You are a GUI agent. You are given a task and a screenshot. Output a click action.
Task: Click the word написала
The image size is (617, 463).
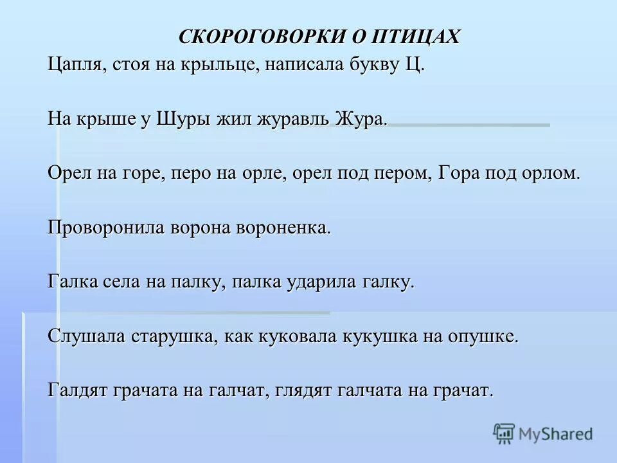click(x=300, y=66)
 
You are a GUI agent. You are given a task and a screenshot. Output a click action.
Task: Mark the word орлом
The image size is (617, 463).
click(x=551, y=174)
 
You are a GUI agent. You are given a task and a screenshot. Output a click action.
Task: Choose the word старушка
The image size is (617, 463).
click(x=172, y=336)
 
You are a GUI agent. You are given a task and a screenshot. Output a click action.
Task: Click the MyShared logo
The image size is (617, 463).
click(x=543, y=434)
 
